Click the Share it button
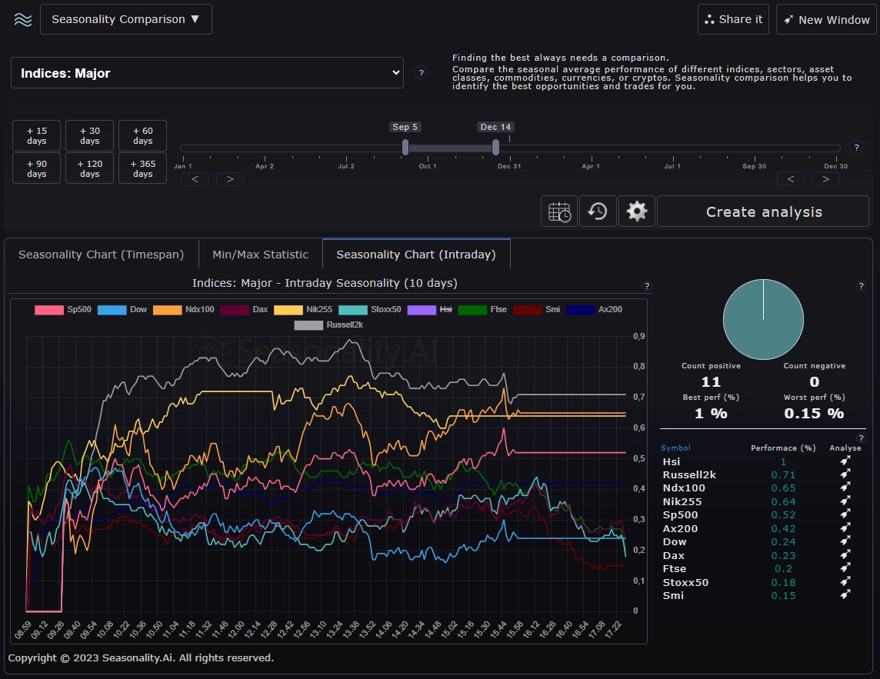[733, 19]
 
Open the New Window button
[826, 19]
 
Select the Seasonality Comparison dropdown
[125, 19]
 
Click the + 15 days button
[37, 136]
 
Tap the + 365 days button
[142, 168]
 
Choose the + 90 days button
[37, 168]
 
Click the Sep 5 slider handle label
[405, 127]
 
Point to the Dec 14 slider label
[495, 127]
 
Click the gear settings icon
[636, 211]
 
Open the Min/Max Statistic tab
[260, 255]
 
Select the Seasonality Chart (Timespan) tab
[102, 255]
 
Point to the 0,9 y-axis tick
[638, 336]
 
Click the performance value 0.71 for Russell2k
[783, 475]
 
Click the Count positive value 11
[711, 382]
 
